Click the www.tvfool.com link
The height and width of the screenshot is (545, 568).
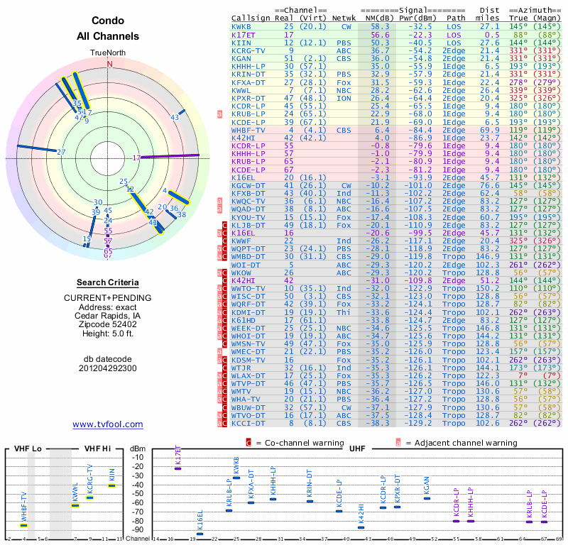point(108,424)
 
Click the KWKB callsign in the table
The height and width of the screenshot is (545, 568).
point(241,26)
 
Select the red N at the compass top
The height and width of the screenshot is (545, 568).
point(109,63)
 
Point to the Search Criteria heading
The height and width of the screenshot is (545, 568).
point(108,282)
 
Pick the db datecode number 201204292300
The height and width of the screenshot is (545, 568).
point(108,368)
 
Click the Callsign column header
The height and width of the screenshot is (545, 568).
point(250,17)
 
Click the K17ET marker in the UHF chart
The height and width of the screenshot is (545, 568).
point(178,468)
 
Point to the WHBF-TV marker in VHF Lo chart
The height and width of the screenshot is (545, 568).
point(23,525)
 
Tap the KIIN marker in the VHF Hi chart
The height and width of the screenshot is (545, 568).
point(111,485)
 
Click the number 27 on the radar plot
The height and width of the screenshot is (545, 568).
point(62,152)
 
